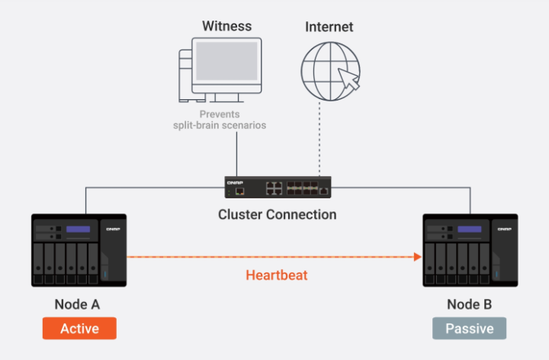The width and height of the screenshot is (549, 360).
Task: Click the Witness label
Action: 227,27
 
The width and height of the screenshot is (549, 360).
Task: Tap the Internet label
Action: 329,27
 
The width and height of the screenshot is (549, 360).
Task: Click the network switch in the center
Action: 278,188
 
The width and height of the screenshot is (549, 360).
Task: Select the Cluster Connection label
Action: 278,214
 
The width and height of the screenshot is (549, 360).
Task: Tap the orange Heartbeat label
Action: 277,275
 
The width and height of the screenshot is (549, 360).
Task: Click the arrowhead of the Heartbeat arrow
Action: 417,257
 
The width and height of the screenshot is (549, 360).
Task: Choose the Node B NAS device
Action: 470,251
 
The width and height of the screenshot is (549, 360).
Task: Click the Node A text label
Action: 77,304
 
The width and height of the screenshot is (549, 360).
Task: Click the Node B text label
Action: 470,304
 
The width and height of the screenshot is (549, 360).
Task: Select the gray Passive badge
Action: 470,329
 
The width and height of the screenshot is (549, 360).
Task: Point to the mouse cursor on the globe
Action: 348,79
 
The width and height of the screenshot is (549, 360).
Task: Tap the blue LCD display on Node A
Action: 78,229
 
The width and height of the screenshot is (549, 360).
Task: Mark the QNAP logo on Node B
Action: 504,227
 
